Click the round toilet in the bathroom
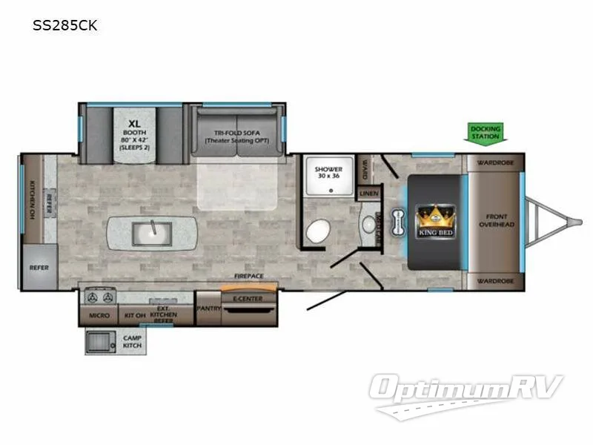(317, 231)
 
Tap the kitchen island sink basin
(151, 234)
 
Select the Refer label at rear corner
(39, 267)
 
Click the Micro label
(100, 316)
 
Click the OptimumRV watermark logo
(467, 389)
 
